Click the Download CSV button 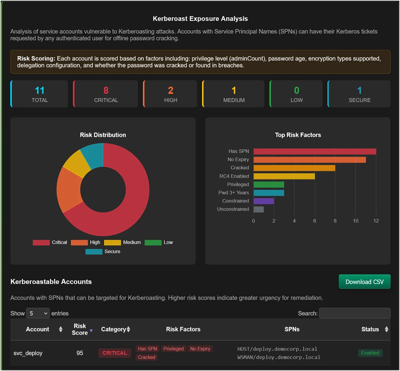364,282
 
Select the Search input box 355,313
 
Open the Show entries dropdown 38,313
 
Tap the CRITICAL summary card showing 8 106,94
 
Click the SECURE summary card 359,94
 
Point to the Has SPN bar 315,151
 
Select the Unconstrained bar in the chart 259,209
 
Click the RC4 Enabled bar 284,176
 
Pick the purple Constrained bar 264,201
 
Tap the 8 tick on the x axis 335,221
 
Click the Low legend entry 159,242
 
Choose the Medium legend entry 122,242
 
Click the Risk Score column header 80,329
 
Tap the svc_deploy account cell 28,353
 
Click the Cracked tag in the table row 147,357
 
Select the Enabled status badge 370,353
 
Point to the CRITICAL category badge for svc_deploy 114,353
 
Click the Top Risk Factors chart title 298,135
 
